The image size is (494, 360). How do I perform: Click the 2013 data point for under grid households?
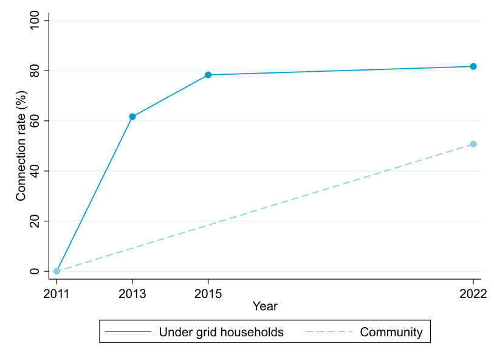[132, 117]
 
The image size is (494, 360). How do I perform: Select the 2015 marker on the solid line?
[208, 75]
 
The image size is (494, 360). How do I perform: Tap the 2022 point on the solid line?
[473, 66]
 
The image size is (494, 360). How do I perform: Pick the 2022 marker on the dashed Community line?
[473, 144]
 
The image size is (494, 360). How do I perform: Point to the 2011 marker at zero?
[57, 271]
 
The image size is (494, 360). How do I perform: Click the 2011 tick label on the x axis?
[57, 294]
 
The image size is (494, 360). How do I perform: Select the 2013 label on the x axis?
[132, 294]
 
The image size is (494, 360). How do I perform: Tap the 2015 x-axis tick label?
[208, 294]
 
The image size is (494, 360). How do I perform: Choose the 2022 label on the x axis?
[473, 294]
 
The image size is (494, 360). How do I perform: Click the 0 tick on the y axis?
[35, 271]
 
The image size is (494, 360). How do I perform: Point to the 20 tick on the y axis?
[35, 221]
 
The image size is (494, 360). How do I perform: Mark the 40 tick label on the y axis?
[35, 171]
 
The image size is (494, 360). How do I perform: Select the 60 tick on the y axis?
[35, 121]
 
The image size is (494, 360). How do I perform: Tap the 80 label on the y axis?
[35, 71]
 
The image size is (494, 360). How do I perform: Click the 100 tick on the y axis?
[35, 21]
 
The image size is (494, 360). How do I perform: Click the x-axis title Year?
[265, 306]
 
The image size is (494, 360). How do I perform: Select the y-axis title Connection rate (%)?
[21, 146]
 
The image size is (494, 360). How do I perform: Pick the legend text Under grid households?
[221, 332]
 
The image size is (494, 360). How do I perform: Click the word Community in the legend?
[391, 332]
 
